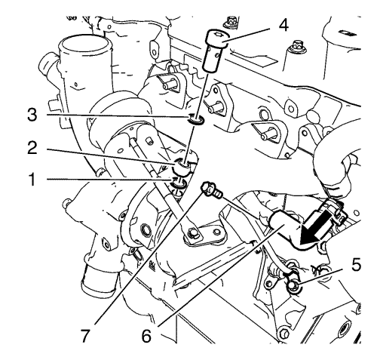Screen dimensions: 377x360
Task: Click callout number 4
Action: (x=283, y=25)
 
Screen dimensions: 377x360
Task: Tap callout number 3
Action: (x=32, y=115)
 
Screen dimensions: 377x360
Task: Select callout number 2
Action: (x=32, y=148)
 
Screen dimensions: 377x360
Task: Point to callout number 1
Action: (x=32, y=180)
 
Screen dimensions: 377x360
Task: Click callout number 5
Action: (x=355, y=265)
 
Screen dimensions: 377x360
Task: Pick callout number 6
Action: (x=146, y=336)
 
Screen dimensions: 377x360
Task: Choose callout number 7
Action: (x=85, y=336)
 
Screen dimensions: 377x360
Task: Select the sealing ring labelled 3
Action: (x=197, y=121)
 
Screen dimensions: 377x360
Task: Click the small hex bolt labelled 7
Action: (x=210, y=191)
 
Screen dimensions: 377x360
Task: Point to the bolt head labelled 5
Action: (x=293, y=285)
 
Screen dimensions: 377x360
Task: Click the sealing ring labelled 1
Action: (x=177, y=185)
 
